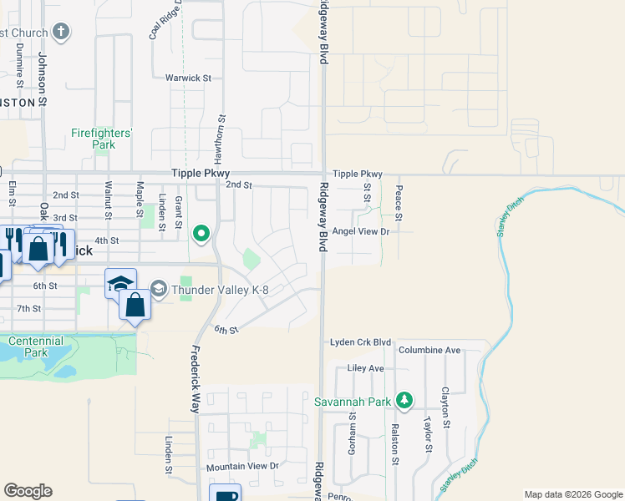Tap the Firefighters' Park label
[x=102, y=138]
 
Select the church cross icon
[x=60, y=33]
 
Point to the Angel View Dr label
[x=361, y=231]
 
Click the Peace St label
[x=399, y=205]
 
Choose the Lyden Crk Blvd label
[x=361, y=342]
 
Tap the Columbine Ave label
[x=429, y=350]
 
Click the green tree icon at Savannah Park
[x=404, y=402]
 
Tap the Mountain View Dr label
[x=242, y=466]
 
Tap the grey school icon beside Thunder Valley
[x=159, y=290]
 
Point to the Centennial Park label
[x=35, y=347]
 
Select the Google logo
[x=28, y=491]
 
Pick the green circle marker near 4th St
[x=201, y=234]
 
